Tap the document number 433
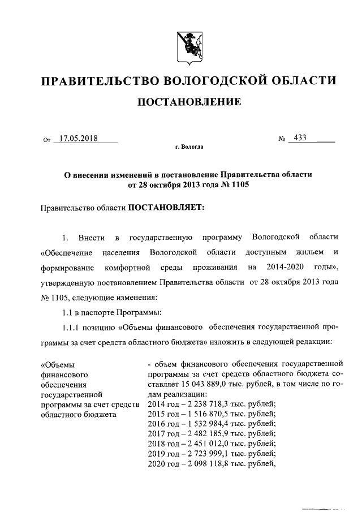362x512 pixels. point(296,137)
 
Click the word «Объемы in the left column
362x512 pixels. point(58,364)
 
